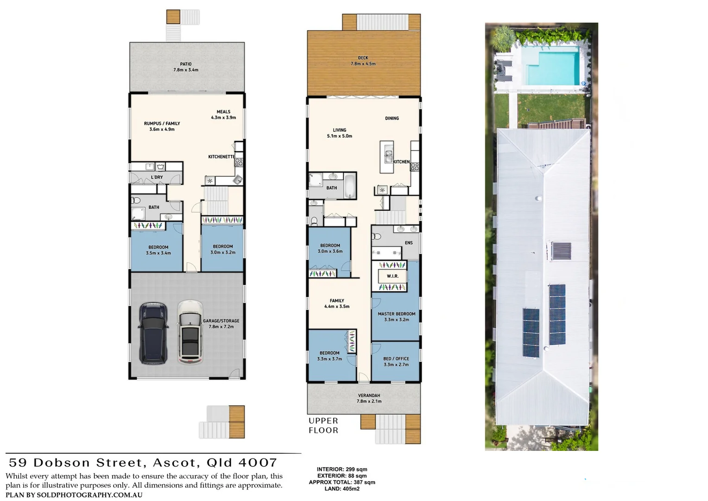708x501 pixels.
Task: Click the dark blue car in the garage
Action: coord(153,333)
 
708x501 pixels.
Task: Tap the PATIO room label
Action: coord(186,64)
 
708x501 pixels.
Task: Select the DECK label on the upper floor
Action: coord(363,58)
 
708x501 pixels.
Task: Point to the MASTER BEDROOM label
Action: coord(396,314)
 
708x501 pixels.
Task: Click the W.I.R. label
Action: coord(392,276)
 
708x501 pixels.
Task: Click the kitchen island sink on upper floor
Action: coord(386,154)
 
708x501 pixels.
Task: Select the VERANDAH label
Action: coord(368,396)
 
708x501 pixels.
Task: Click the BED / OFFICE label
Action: coord(396,359)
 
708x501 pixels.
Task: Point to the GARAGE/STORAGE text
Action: coord(221,321)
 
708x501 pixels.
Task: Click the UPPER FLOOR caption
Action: coord(323,425)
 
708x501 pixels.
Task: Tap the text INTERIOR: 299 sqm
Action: coord(342,469)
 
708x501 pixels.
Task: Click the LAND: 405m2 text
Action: coord(342,488)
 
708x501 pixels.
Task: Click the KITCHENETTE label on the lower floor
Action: coord(221,157)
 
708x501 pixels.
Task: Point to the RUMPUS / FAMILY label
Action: coord(162,123)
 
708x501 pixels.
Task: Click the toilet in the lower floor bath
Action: coord(136,201)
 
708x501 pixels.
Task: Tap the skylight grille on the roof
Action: coord(561,251)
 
